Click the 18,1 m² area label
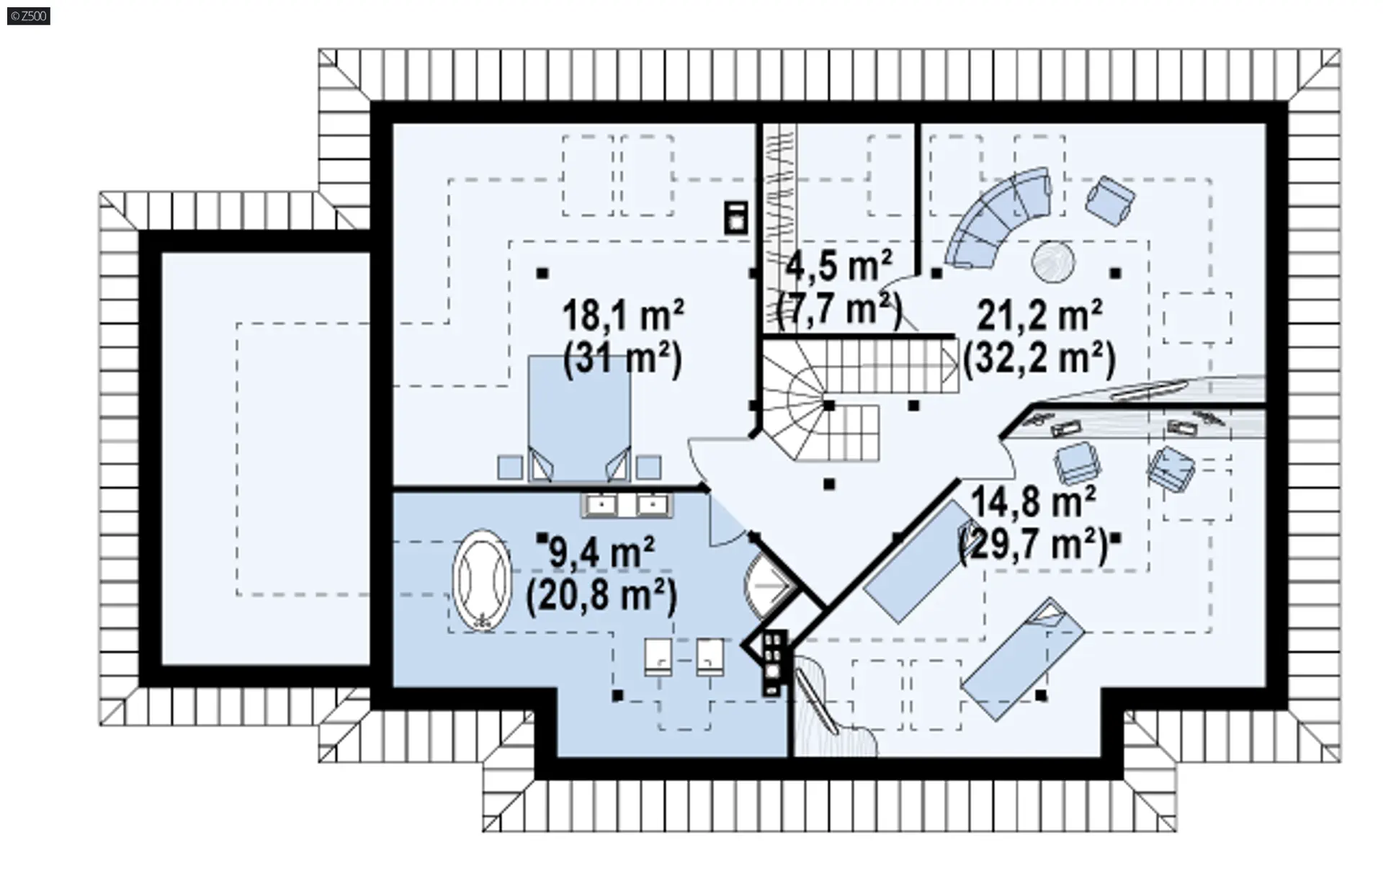tap(623, 316)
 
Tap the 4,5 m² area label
tap(838, 267)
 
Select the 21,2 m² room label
tap(1039, 316)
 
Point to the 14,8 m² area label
tap(1034, 501)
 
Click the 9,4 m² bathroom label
tap(601, 553)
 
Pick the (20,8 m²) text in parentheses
tap(601, 596)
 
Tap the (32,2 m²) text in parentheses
tap(1039, 358)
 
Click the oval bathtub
tap(481, 581)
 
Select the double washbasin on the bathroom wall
tap(627, 505)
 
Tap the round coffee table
tap(1054, 262)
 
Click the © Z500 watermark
tap(29, 16)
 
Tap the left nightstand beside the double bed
tap(510, 467)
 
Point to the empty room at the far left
tap(265, 458)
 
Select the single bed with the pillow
tap(1023, 658)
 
